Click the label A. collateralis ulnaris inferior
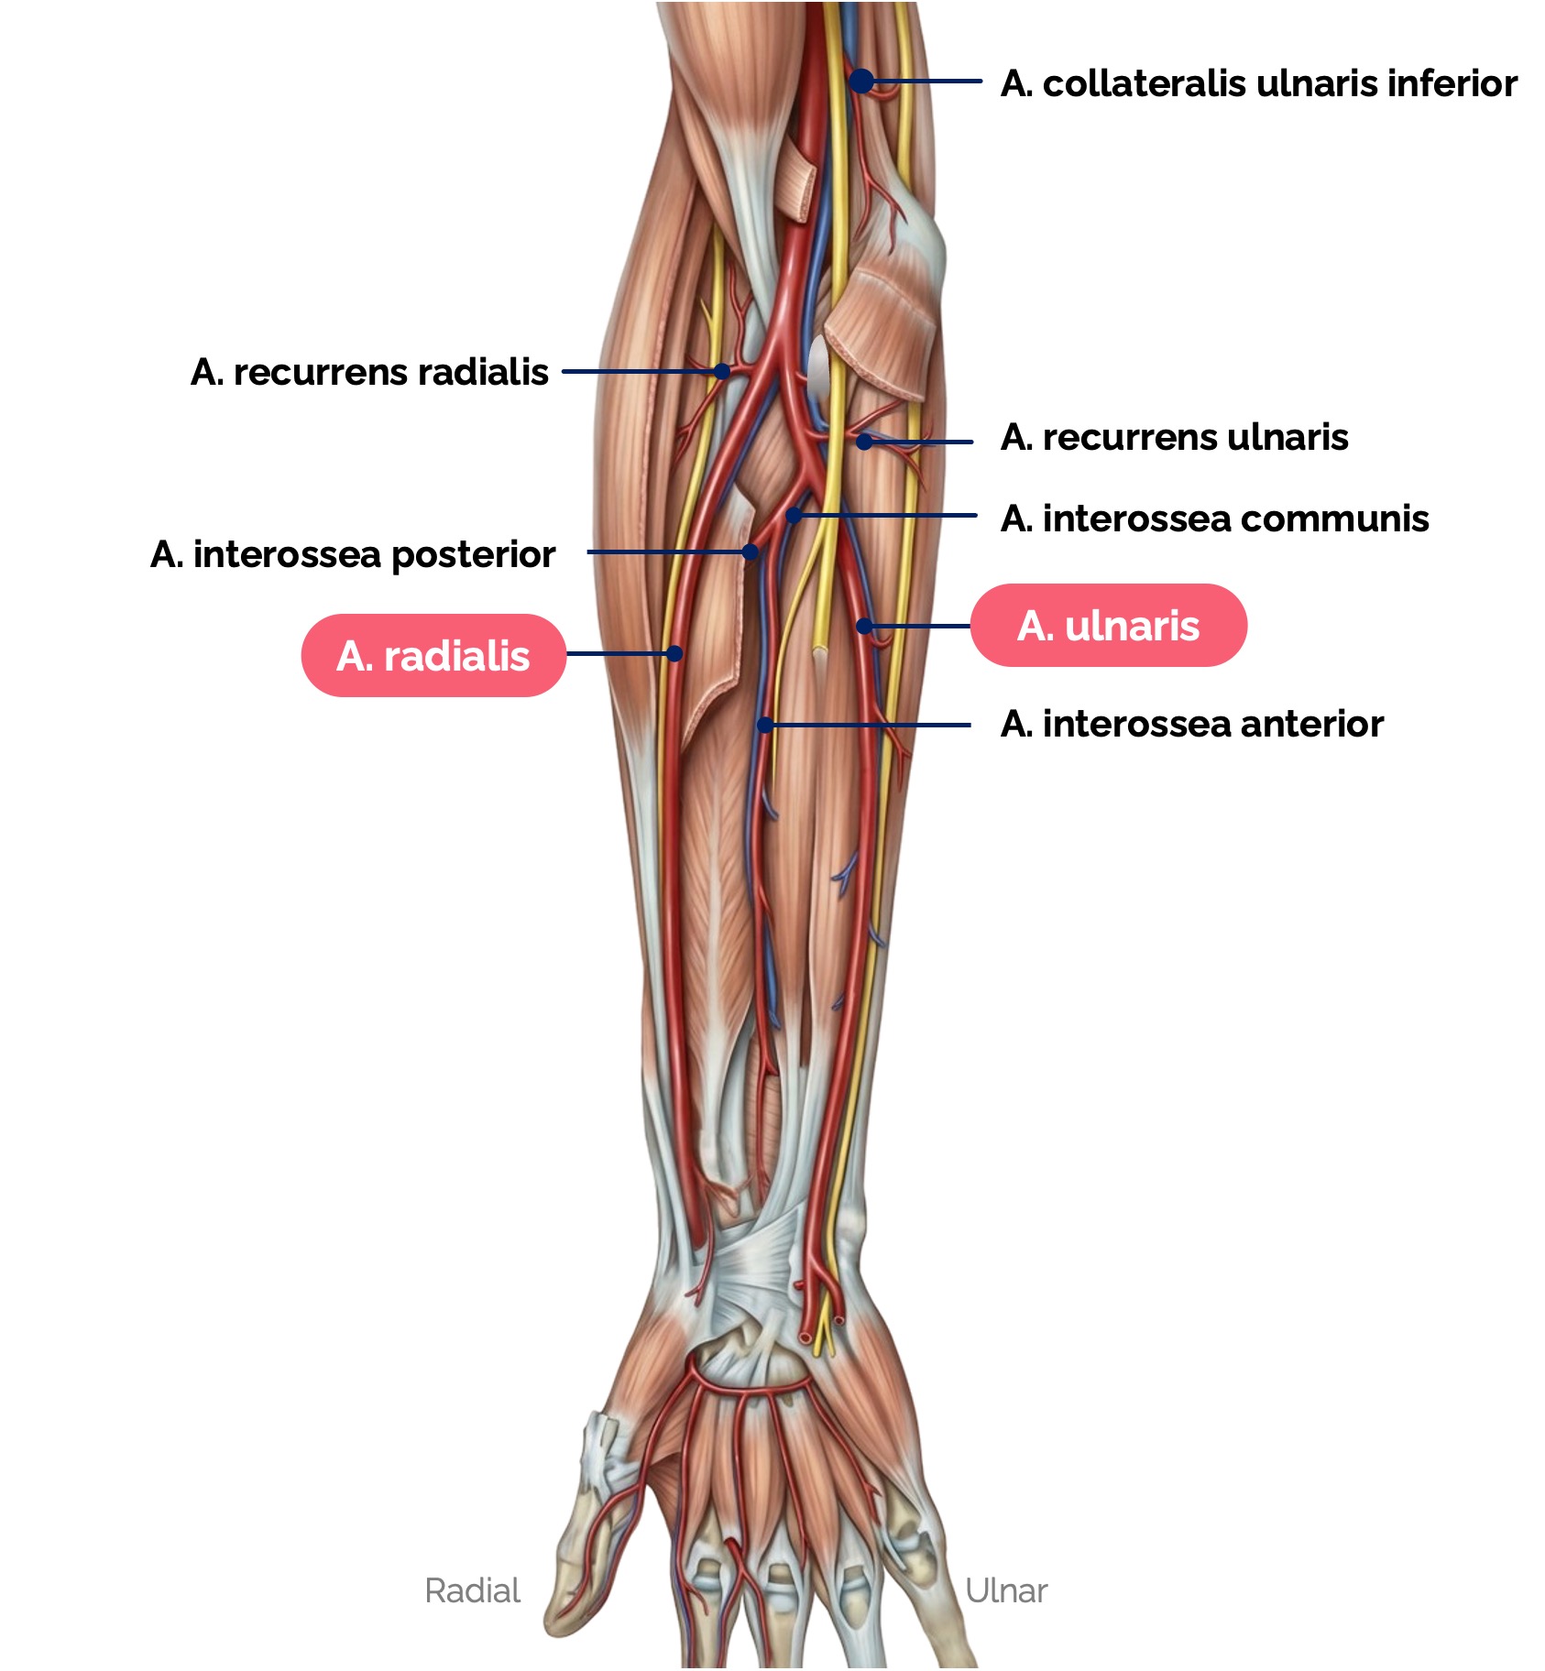(1258, 83)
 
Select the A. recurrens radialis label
(369, 372)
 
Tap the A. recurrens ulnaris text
(1174, 438)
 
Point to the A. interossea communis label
(1214, 519)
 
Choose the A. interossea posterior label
(353, 554)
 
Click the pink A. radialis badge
(433, 656)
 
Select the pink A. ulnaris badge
(1108, 626)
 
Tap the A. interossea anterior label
(1191, 724)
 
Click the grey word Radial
(472, 1591)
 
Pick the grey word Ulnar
(1005, 1591)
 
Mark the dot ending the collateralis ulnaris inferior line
(861, 82)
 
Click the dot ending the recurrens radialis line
(722, 372)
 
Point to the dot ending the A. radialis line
(674, 653)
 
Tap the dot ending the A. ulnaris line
(863, 626)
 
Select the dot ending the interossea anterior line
(764, 725)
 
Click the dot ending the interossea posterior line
(751, 552)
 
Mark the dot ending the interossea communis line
(794, 517)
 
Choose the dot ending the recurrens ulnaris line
(863, 442)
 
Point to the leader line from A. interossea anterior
(871, 725)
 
